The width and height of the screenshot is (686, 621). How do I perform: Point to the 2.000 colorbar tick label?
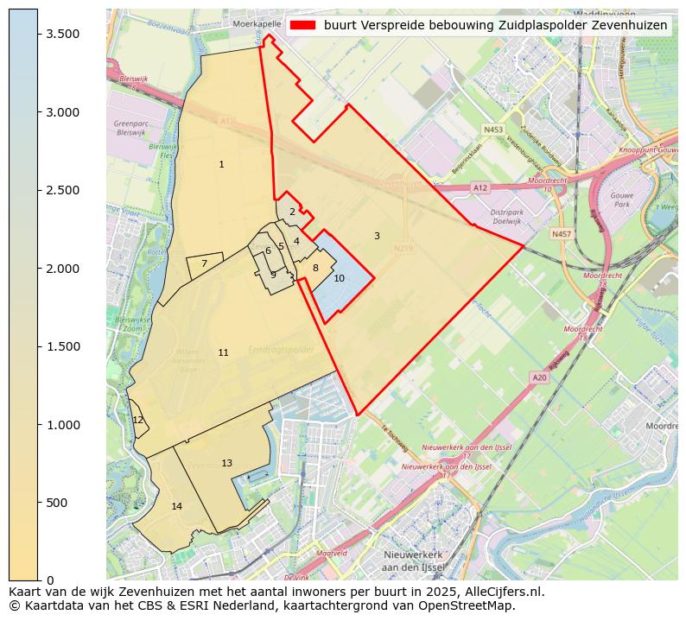click(62, 269)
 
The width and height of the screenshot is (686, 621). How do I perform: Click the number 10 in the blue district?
click(339, 278)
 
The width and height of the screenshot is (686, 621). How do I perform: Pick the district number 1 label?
click(221, 164)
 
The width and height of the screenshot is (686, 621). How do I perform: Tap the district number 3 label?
click(377, 236)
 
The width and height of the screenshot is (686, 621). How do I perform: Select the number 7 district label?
click(204, 264)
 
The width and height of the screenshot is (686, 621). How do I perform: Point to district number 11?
click(223, 352)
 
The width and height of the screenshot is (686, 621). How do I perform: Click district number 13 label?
click(226, 463)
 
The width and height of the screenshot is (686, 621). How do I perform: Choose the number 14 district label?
click(176, 506)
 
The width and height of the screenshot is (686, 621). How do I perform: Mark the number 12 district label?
click(138, 420)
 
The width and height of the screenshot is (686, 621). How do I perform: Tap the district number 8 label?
click(315, 268)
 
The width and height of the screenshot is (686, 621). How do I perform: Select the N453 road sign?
click(492, 130)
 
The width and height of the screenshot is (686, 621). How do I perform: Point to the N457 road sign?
click(561, 234)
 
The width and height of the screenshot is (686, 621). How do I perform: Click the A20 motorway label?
click(539, 377)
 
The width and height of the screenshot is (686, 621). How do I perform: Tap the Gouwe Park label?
click(622, 200)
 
